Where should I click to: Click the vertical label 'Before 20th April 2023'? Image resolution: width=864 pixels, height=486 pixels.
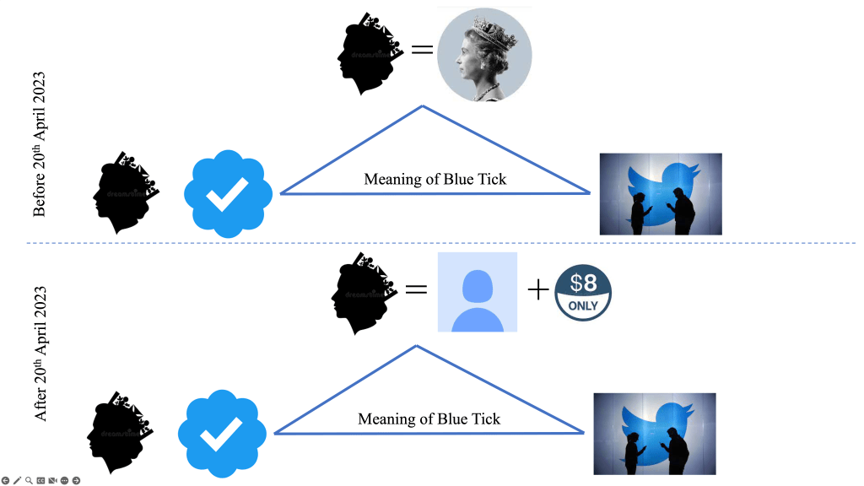(x=39, y=145)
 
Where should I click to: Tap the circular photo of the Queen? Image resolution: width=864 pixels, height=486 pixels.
(x=484, y=55)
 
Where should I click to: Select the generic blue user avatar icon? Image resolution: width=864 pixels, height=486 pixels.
(x=476, y=291)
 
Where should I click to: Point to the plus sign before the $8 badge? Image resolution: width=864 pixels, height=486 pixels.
(x=537, y=290)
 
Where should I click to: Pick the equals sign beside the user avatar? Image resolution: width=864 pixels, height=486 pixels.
(x=416, y=289)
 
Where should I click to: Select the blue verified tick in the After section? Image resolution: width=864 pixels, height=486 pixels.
(x=222, y=433)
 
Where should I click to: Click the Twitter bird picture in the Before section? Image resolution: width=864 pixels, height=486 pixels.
(x=661, y=194)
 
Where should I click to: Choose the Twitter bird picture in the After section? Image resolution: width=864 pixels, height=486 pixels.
(x=655, y=434)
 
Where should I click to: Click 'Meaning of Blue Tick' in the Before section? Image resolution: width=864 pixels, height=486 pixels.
(x=435, y=179)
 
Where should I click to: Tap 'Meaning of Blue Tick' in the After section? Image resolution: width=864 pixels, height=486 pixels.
(x=429, y=418)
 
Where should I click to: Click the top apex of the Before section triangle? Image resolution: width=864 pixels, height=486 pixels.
(x=423, y=106)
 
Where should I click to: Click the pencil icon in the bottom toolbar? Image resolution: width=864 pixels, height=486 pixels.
(x=17, y=480)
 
